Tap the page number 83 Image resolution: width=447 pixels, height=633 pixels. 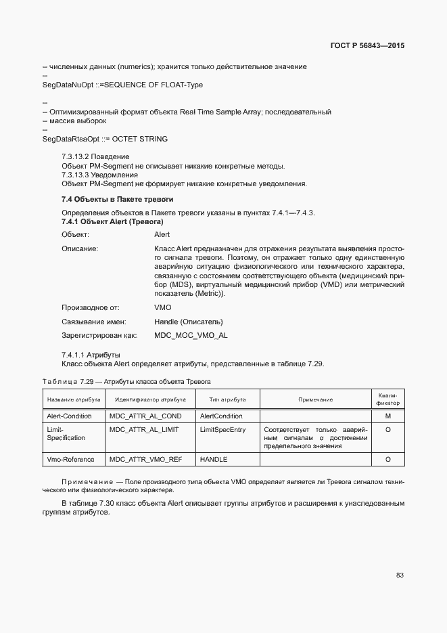(x=400, y=575)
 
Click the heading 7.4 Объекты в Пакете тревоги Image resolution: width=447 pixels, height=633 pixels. (x=117, y=200)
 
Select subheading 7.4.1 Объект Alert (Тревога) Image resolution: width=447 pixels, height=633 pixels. (x=112, y=222)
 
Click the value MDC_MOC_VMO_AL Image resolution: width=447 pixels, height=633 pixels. (x=191, y=335)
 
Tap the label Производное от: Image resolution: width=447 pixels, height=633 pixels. (x=90, y=307)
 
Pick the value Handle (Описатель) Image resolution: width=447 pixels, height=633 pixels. (x=188, y=322)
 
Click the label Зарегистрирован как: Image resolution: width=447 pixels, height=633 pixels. (x=99, y=335)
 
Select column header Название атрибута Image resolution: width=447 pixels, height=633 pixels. (x=73, y=400)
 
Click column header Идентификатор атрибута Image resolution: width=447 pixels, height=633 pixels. (x=150, y=400)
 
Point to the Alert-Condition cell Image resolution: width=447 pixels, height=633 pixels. (x=69, y=416)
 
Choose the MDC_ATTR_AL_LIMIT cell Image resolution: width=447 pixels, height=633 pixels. (x=145, y=430)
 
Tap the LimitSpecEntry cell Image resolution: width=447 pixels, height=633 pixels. (x=222, y=430)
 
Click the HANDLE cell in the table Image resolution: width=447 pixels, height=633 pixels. (x=214, y=460)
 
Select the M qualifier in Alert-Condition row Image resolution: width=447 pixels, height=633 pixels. (x=388, y=416)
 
